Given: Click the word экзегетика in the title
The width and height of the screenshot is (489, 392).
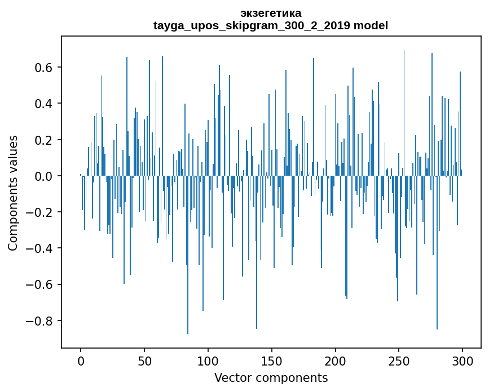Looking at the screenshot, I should click(271, 13).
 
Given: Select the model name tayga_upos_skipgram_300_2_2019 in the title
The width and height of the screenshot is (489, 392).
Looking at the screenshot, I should click(252, 25).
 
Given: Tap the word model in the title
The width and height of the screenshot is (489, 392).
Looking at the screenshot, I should click(371, 25).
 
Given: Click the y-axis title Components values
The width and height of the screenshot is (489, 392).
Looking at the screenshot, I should click(13, 193).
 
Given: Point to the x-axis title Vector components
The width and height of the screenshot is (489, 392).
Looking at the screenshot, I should click(271, 377).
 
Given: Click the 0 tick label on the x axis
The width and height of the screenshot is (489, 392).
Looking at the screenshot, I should click(81, 360).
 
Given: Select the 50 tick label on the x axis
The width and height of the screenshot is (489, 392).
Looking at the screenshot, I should click(144, 360).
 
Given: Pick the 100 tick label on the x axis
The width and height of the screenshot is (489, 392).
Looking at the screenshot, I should click(208, 360).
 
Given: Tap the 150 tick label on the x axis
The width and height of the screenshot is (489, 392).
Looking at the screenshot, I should click(272, 360).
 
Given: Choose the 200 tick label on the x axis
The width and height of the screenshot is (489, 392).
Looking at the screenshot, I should click(336, 360).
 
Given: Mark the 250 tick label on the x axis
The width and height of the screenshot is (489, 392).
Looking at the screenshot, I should click(399, 360).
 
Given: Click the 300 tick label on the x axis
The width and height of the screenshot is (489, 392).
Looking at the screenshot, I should click(462, 360).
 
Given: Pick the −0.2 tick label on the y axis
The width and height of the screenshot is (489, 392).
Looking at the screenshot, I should click(41, 212).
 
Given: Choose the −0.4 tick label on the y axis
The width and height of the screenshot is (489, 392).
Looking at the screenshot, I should click(41, 248).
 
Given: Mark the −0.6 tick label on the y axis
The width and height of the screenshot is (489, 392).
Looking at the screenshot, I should click(41, 284).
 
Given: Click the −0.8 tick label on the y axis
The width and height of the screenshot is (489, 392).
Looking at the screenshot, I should click(41, 321).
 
